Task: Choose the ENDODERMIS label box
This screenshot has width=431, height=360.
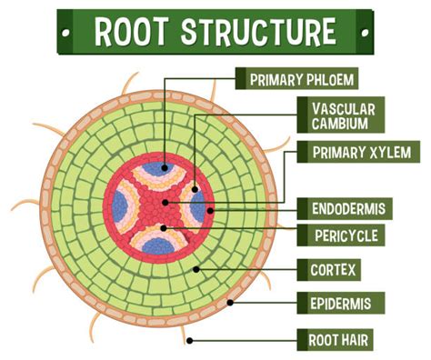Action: click(346, 208)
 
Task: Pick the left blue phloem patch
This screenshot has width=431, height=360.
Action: click(122, 206)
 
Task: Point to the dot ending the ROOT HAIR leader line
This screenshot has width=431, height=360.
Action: click(189, 341)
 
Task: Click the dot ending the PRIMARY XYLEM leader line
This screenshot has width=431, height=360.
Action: click(164, 201)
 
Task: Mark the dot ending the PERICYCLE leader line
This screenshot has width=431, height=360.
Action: click(164, 226)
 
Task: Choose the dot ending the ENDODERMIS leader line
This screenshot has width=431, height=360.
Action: click(211, 209)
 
